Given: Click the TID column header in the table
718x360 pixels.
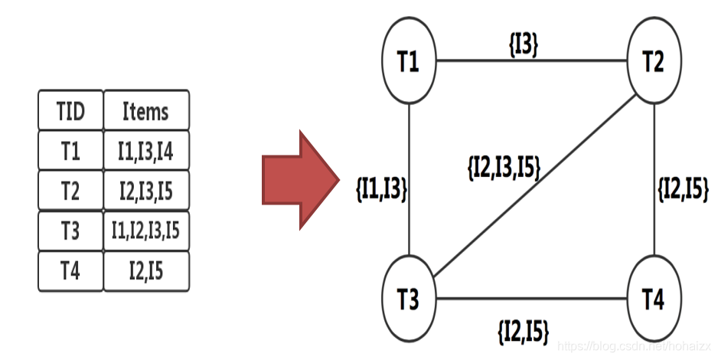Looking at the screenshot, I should pos(70,112).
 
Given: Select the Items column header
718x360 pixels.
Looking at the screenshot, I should pos(145,112).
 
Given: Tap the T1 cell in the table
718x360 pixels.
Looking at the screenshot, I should pos(70,152).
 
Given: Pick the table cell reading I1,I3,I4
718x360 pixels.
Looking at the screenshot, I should pos(145,152).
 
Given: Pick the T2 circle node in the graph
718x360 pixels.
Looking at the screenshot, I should pos(652,61).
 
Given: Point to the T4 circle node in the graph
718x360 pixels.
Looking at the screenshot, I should pos(652,299).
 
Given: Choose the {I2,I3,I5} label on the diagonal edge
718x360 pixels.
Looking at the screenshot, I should pos(503,168).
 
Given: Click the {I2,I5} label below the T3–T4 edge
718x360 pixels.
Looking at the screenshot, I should pos(524,330).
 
